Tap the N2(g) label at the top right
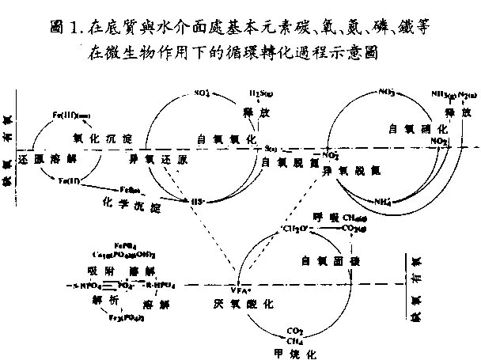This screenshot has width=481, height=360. [x=466, y=95]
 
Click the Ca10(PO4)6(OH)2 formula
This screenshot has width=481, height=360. [x=123, y=256]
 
